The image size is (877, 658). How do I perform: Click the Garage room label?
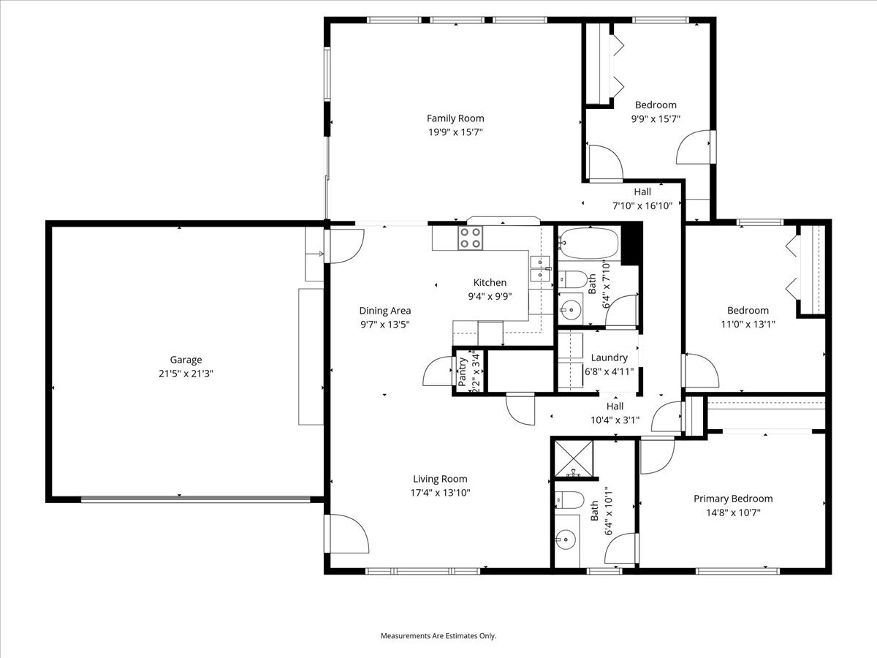186,360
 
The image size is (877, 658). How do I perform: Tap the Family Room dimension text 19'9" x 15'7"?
455,132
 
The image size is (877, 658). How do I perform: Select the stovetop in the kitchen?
470,238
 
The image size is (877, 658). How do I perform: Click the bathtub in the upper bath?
588,243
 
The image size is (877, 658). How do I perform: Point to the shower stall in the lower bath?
574,458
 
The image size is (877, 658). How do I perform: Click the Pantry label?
463,371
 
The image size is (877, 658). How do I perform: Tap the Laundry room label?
610,358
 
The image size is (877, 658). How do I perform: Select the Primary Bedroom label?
733,499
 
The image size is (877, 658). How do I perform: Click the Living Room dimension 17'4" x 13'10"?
440,492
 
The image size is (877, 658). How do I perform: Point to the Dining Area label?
384,311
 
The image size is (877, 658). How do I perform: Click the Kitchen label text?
490,282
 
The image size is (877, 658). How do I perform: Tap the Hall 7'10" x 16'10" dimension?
642,205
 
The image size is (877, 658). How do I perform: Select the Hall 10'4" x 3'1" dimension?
615,420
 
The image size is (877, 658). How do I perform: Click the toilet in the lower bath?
569,500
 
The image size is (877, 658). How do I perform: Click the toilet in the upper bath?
572,279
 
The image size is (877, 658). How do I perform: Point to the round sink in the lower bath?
566,540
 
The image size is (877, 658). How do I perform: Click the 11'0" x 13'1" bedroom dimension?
748,324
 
